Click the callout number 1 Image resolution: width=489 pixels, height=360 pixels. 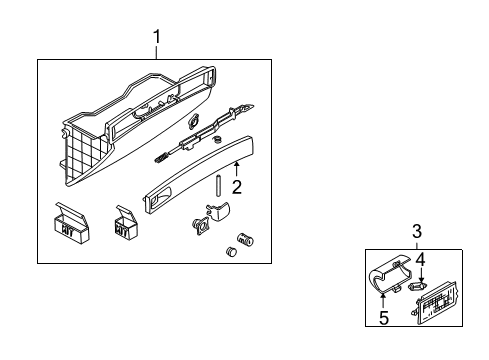[157, 37]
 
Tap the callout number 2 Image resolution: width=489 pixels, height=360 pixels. [237, 187]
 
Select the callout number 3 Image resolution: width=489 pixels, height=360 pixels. [417, 231]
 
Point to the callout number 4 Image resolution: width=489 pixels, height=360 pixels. [421, 260]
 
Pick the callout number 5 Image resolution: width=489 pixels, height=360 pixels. [384, 318]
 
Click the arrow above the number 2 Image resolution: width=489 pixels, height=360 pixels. [236, 169]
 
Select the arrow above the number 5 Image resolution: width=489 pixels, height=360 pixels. [383, 301]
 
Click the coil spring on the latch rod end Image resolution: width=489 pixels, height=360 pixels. [161, 157]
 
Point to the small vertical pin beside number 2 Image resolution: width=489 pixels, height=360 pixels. [219, 186]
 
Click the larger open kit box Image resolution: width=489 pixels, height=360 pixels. [71, 223]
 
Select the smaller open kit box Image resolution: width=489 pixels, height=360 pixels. [126, 222]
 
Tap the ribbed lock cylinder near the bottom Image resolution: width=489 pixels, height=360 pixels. [245, 239]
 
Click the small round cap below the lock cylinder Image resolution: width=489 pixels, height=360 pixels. [231, 251]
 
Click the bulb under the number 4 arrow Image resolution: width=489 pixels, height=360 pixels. [417, 286]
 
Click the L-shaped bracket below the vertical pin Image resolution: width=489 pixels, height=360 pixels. [218, 211]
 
